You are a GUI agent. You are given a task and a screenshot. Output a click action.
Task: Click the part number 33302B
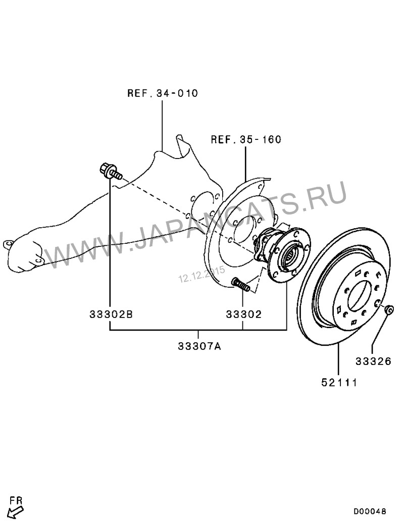tap(111, 314)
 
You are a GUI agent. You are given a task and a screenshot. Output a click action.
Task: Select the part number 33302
tap(243, 314)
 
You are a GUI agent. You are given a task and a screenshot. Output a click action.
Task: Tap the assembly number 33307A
tap(199, 346)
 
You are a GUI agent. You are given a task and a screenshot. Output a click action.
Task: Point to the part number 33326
tap(373, 361)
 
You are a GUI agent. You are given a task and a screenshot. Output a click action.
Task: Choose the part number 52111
tap(339, 383)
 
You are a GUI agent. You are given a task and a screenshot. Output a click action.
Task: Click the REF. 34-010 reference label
tap(163, 93)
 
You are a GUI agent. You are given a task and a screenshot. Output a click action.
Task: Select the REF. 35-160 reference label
tap(246, 139)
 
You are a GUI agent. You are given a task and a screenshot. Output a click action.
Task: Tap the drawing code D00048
tap(370, 511)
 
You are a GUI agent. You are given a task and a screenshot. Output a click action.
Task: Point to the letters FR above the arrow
tap(16, 500)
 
